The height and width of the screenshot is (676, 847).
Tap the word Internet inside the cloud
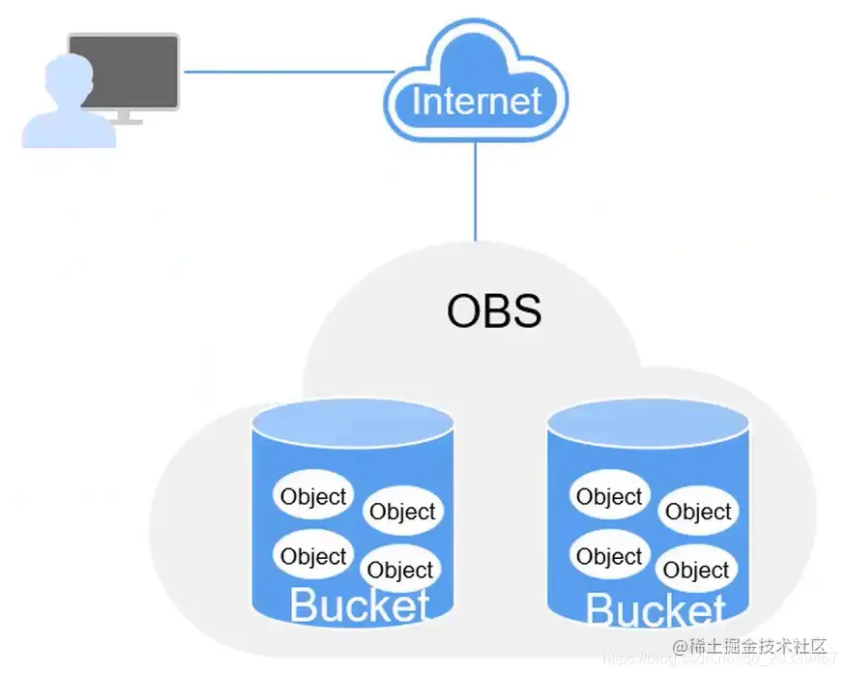coord(477,102)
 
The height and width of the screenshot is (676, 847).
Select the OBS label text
coord(494,312)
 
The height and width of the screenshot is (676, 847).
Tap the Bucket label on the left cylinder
coord(359,606)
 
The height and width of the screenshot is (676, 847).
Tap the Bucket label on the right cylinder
coord(655,610)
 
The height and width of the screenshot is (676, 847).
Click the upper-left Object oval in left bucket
coord(312,497)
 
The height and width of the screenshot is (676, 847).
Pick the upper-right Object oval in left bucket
coord(403,512)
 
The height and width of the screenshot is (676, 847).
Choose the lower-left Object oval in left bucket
coord(312,556)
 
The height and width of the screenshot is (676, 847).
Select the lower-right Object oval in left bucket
coord(400,571)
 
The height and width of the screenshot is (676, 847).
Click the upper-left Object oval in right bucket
coord(608,497)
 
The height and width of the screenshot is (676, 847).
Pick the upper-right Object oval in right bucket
coord(698,512)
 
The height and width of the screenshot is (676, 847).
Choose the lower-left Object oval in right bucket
coord(608,556)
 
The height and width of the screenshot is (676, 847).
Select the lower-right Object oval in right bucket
coord(696,571)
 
